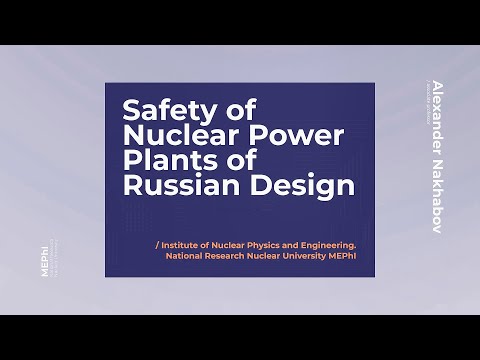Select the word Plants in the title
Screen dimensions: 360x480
(163, 159)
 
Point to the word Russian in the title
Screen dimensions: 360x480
(171, 185)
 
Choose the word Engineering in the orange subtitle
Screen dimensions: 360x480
(330, 243)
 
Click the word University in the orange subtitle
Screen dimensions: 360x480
(314, 255)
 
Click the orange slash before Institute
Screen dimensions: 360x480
(157, 243)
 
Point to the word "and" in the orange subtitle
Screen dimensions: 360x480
(293, 243)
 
